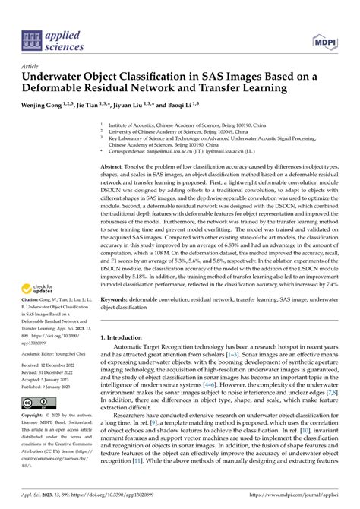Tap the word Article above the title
(x=30, y=66)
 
